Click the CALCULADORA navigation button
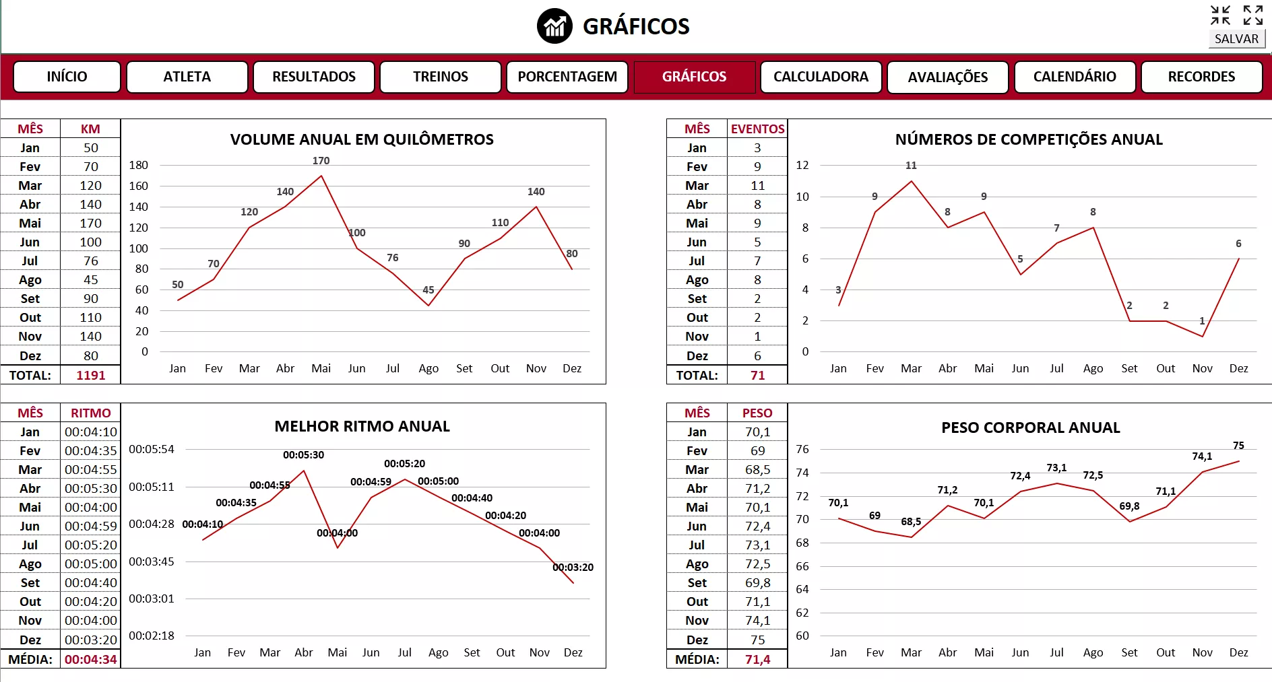(821, 77)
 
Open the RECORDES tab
(1201, 77)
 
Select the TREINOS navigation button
(441, 77)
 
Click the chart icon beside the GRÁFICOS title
(554, 26)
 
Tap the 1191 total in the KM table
(91, 375)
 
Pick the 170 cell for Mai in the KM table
(91, 223)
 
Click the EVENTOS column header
(758, 129)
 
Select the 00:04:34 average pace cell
(91, 659)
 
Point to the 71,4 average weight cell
(758, 659)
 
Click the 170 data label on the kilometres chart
(321, 161)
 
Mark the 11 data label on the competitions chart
(911, 166)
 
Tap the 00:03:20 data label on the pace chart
(573, 568)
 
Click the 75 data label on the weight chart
(1238, 446)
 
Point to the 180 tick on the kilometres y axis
(139, 165)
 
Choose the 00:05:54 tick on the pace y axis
(152, 449)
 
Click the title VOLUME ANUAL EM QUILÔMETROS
(362, 139)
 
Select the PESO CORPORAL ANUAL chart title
(1030, 428)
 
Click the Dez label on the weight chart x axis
(1238, 652)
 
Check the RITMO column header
(91, 413)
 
